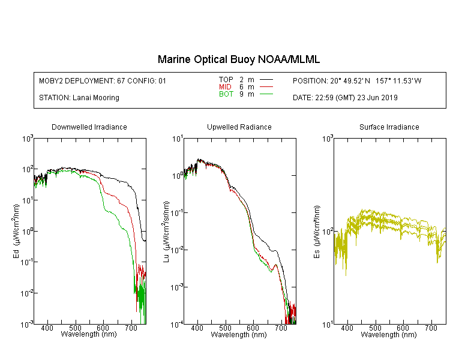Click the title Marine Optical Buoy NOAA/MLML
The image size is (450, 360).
(238, 59)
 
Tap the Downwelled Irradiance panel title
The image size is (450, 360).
(89, 127)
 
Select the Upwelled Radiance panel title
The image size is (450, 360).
(239, 127)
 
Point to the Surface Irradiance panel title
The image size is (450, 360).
(389, 127)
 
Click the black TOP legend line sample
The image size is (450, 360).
(266, 80)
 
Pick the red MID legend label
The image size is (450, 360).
(225, 87)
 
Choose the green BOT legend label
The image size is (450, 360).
(226, 94)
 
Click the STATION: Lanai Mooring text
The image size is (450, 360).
(79, 98)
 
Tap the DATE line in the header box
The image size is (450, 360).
(345, 98)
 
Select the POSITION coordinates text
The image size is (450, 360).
(357, 81)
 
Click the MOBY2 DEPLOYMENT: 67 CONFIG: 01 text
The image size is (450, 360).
(103, 81)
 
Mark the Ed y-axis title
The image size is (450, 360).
(16, 231)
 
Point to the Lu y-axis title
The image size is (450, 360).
(166, 232)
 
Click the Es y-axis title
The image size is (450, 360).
(317, 232)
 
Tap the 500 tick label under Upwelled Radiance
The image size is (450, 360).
(225, 328)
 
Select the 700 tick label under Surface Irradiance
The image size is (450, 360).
(431, 328)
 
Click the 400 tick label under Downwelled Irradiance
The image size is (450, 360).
(47, 328)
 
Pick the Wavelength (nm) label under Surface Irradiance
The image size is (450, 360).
(389, 334)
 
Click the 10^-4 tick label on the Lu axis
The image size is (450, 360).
(177, 324)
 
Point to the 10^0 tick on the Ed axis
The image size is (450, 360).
(27, 231)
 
